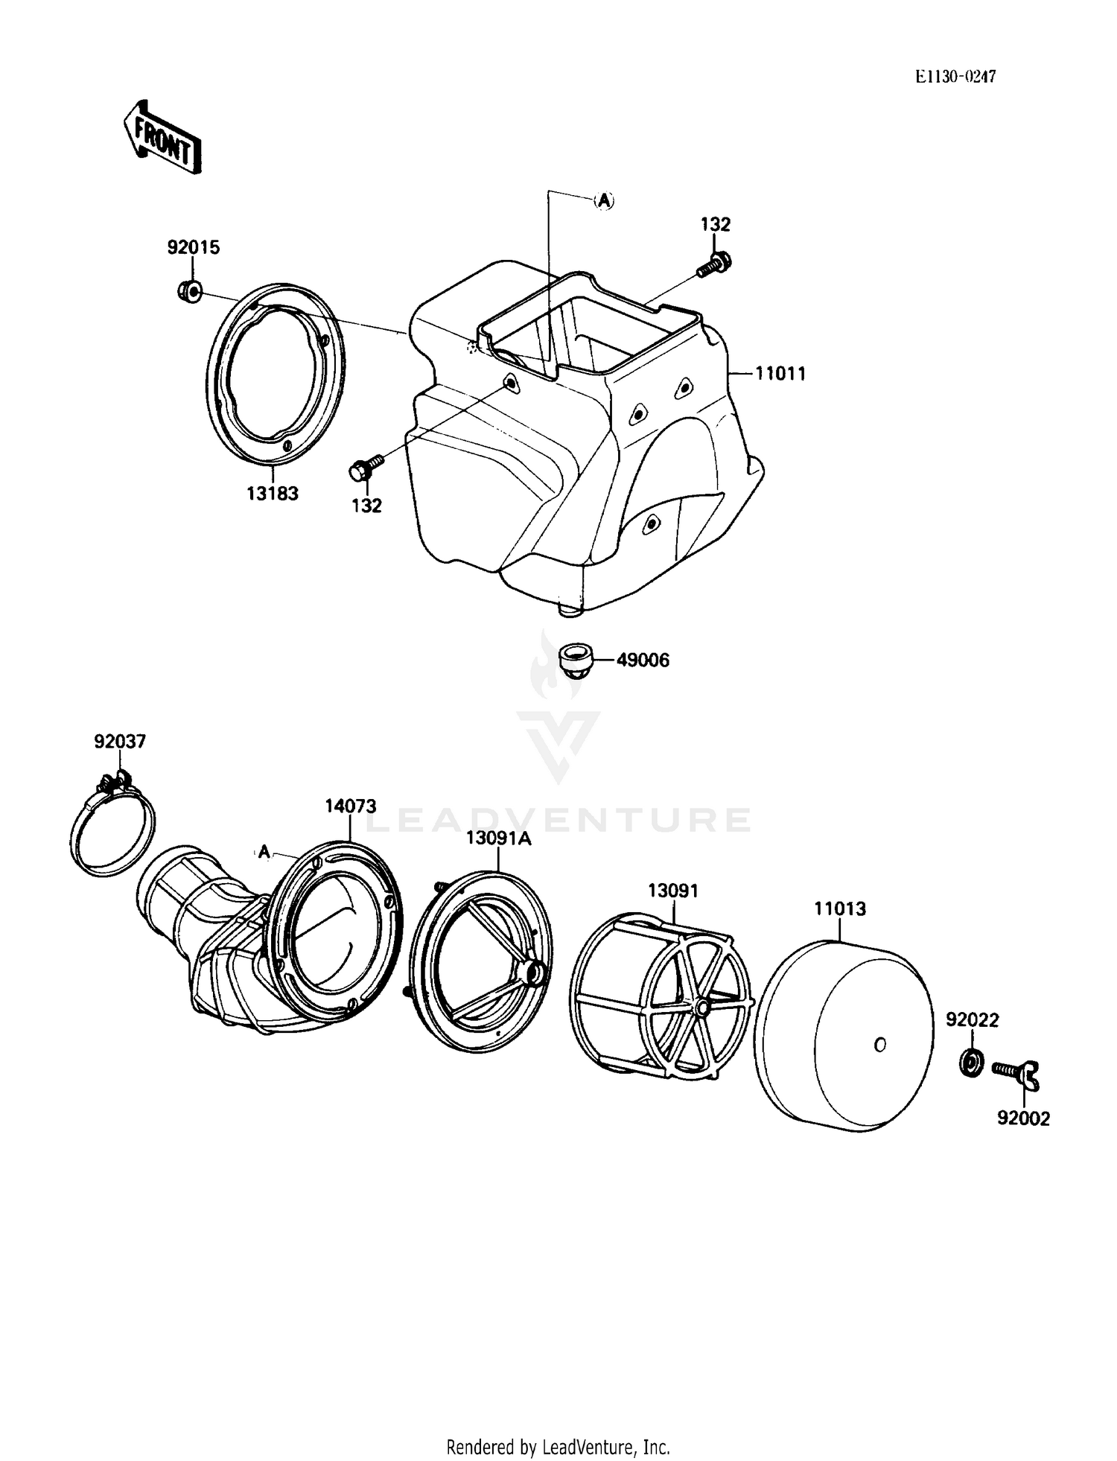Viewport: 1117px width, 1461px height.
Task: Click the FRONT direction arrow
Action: [x=162, y=137]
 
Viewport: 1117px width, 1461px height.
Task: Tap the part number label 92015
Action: [x=193, y=247]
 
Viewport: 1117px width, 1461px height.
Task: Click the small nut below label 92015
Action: [x=191, y=290]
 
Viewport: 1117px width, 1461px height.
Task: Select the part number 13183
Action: [x=273, y=493]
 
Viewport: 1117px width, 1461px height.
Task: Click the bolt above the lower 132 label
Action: [x=364, y=468]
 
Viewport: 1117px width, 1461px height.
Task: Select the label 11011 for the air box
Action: [x=780, y=374]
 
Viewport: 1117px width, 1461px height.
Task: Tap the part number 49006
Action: [x=642, y=661]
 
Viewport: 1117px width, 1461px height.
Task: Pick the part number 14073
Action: [x=350, y=806]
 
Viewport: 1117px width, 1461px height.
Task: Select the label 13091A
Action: [x=498, y=838]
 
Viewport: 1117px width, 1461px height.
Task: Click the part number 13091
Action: [x=673, y=891]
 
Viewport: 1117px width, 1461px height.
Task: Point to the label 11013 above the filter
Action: [x=840, y=908]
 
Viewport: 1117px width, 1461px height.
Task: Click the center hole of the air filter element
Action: [x=879, y=1045]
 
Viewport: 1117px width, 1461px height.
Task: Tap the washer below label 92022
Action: [x=970, y=1061]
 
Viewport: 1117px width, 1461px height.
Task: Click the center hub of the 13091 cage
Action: [x=701, y=1008]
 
